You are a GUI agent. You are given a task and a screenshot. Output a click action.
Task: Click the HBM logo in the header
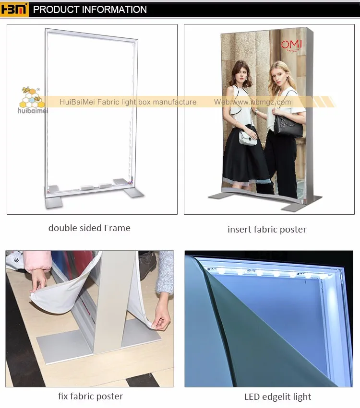click(x=15, y=9)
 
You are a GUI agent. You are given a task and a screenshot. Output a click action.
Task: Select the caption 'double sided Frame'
click(x=89, y=228)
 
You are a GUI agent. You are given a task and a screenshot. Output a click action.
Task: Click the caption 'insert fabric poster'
click(x=267, y=230)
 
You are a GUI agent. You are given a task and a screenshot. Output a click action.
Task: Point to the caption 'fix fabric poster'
click(x=90, y=396)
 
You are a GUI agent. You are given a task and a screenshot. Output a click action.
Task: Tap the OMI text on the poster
click(x=292, y=45)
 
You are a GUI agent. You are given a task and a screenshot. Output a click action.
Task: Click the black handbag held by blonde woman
click(x=288, y=126)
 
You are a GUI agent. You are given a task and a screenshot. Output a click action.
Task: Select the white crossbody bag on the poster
click(x=248, y=139)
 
